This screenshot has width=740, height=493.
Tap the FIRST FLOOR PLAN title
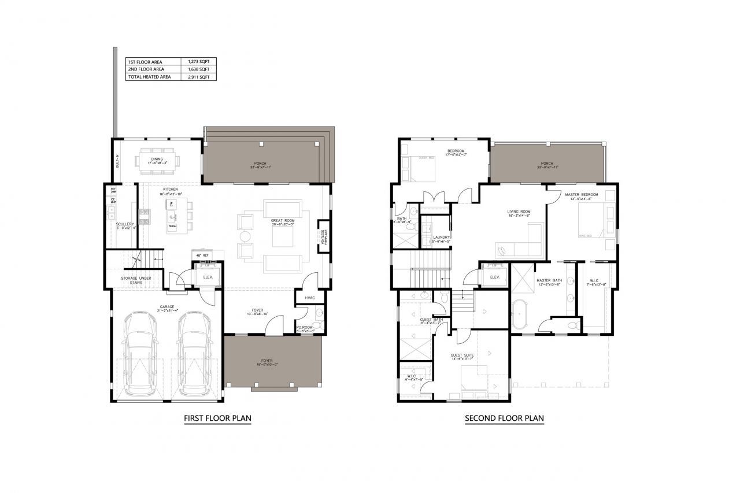(217, 418)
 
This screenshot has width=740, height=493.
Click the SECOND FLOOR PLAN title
(504, 418)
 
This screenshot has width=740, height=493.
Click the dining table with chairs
(157, 159)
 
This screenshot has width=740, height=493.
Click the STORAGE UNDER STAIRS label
(136, 281)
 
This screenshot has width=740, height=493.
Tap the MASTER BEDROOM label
(582, 194)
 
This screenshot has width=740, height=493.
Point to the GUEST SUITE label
(462, 355)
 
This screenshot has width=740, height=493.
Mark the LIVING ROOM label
(519, 212)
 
